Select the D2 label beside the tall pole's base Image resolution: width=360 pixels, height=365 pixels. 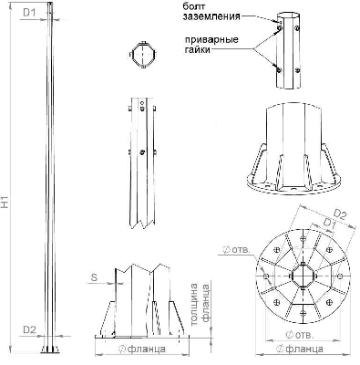(28, 329)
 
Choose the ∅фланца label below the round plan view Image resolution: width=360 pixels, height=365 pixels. (298, 349)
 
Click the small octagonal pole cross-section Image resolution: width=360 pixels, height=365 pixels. (142, 56)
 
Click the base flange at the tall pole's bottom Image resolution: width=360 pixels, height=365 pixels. (47, 351)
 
